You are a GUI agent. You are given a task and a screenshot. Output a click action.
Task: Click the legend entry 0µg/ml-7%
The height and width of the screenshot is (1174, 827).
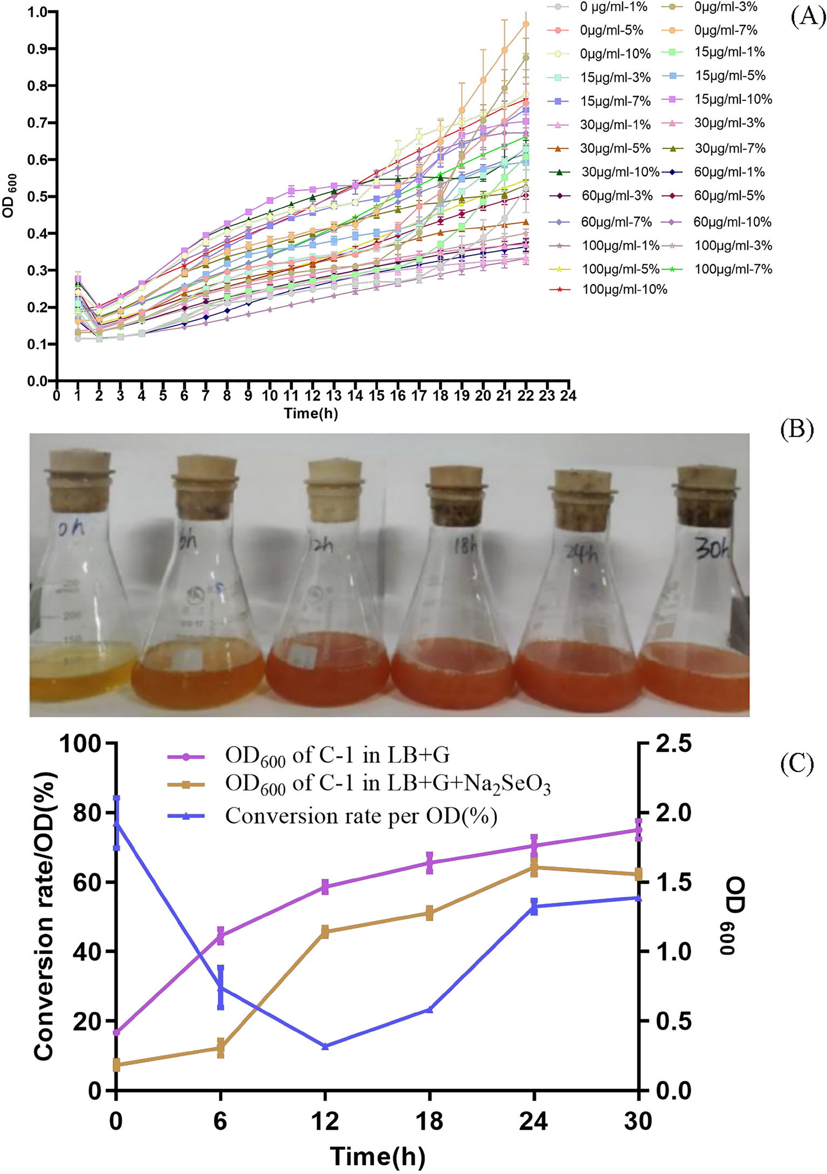725,30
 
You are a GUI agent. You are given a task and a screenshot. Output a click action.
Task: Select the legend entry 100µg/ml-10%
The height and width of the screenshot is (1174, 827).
624,290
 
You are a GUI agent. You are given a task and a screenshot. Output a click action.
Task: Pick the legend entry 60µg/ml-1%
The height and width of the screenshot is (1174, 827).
729,172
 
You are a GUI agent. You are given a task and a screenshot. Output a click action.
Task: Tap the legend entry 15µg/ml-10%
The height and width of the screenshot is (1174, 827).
733,99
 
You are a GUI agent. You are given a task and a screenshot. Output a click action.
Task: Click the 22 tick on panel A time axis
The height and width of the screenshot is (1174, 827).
526,396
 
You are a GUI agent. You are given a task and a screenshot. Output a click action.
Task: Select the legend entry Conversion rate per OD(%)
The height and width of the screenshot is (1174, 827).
361,816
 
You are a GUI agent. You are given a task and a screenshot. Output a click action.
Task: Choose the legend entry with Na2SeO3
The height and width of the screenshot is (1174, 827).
388,785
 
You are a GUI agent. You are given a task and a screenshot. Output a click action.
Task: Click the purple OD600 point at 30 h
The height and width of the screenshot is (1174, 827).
638,830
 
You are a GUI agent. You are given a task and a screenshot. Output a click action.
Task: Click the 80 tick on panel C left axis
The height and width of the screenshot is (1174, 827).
86,813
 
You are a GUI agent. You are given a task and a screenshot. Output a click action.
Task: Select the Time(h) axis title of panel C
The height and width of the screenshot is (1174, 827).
377,1156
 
